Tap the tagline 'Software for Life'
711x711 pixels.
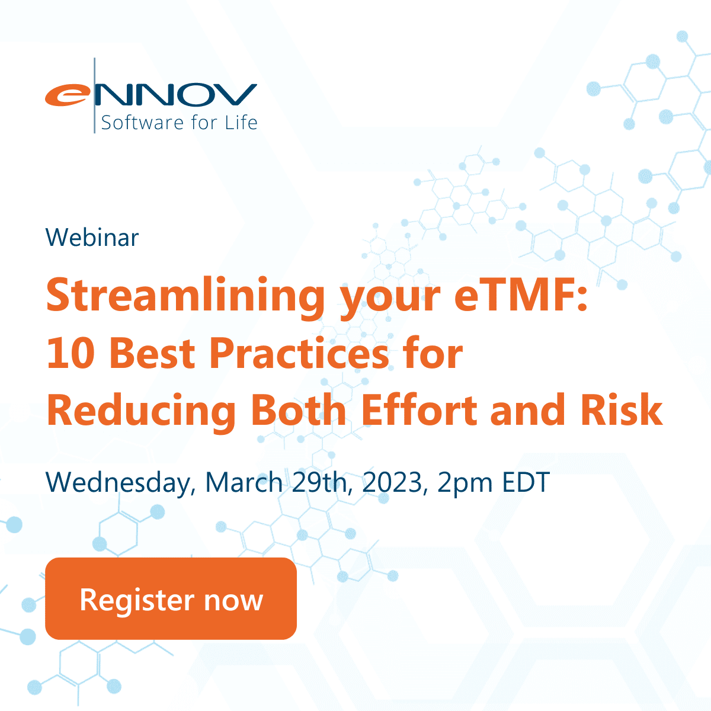(179, 123)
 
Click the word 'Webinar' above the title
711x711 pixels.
(92, 238)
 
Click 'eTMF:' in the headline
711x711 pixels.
(521, 296)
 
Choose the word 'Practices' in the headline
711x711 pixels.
(299, 354)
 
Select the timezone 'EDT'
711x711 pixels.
(526, 482)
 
